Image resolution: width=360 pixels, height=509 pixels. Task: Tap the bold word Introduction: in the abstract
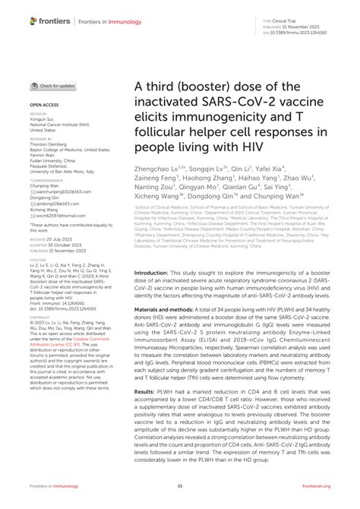coord(157,272)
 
